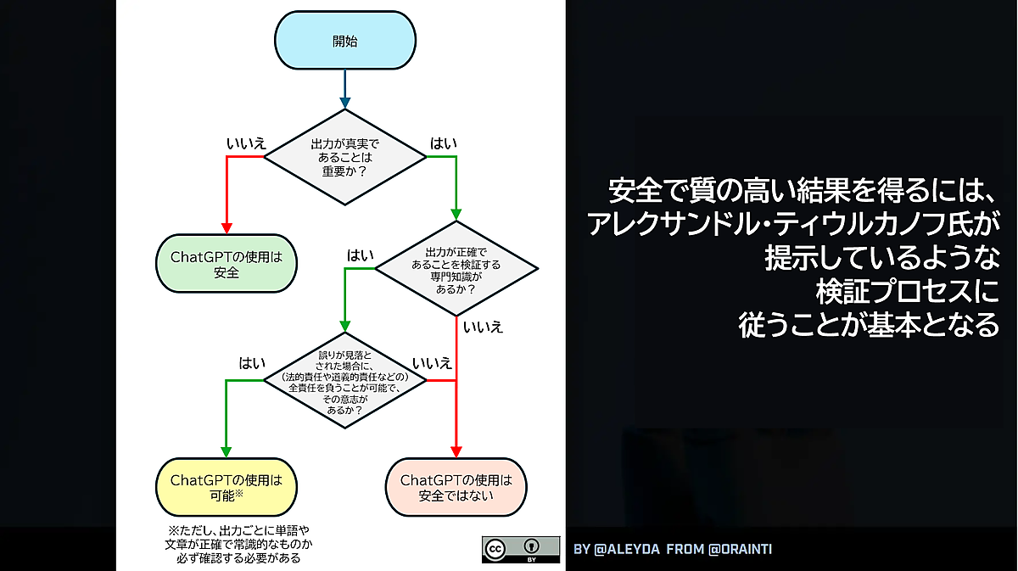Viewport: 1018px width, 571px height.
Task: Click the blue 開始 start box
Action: pos(345,41)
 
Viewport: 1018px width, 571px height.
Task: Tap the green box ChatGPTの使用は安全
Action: pos(227,264)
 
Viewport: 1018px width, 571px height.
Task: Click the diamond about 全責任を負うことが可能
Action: pos(345,381)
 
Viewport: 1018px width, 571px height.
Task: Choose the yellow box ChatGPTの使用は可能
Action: pos(227,487)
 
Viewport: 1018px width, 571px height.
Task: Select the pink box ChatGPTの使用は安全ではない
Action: pos(456,487)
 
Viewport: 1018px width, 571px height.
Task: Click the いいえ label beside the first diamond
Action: pos(246,143)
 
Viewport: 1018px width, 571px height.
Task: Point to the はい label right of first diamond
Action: pos(443,143)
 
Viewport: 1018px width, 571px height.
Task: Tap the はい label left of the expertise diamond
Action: pos(360,255)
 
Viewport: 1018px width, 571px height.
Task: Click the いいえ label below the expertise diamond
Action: pos(481,327)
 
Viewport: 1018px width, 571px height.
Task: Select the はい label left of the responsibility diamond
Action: pos(251,363)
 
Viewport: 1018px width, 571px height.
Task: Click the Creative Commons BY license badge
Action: pos(521,549)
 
